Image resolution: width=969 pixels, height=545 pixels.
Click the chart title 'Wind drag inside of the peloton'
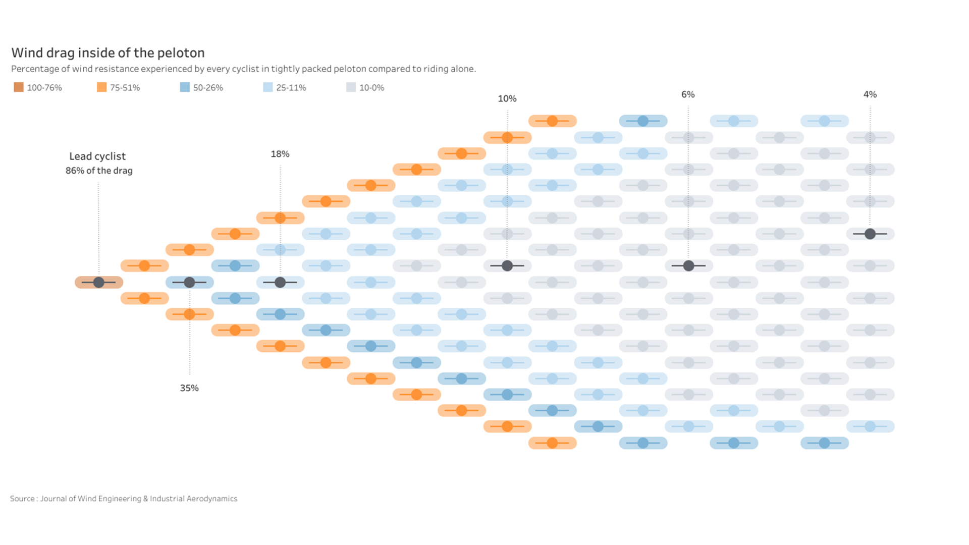point(107,53)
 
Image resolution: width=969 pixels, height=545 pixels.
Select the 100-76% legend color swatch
point(19,87)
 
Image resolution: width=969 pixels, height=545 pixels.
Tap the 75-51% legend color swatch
point(101,87)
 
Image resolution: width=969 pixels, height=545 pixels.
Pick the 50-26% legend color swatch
point(185,87)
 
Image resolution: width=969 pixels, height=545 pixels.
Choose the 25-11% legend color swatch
point(268,87)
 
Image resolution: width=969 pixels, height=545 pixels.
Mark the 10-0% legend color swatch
point(351,87)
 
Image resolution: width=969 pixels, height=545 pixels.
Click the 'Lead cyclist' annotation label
point(97,156)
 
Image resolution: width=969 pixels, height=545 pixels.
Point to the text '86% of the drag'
point(99,171)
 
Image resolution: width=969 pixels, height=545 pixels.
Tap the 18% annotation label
point(280,154)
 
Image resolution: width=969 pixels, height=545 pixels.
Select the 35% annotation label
point(189,388)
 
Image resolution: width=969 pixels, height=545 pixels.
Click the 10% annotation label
point(507,98)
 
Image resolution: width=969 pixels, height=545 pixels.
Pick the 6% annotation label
point(688,94)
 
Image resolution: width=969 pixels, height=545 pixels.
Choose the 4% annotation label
point(870,94)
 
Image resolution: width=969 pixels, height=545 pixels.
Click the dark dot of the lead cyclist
point(99,282)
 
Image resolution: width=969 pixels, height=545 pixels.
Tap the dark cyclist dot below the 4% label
point(870,234)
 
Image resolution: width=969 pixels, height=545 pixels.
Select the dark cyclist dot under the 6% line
point(688,265)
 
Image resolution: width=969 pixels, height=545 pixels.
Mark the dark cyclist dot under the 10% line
point(507,265)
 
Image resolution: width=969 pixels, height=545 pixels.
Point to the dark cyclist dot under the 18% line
point(280,282)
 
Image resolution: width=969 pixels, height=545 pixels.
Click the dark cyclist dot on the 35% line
point(189,282)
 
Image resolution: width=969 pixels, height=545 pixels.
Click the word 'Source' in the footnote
point(22,499)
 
